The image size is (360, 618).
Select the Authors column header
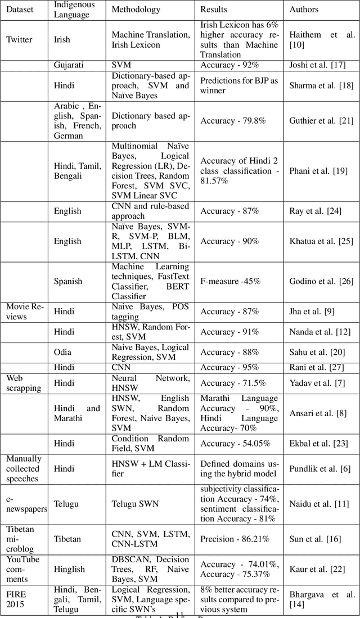pyautogui.click(x=303, y=10)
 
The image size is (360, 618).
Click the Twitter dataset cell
pyautogui.click(x=19, y=39)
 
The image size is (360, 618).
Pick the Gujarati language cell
pyautogui.click(x=69, y=65)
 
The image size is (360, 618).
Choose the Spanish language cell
pyautogui.click(x=68, y=281)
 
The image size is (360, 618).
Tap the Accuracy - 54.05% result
pyautogui.click(x=235, y=443)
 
